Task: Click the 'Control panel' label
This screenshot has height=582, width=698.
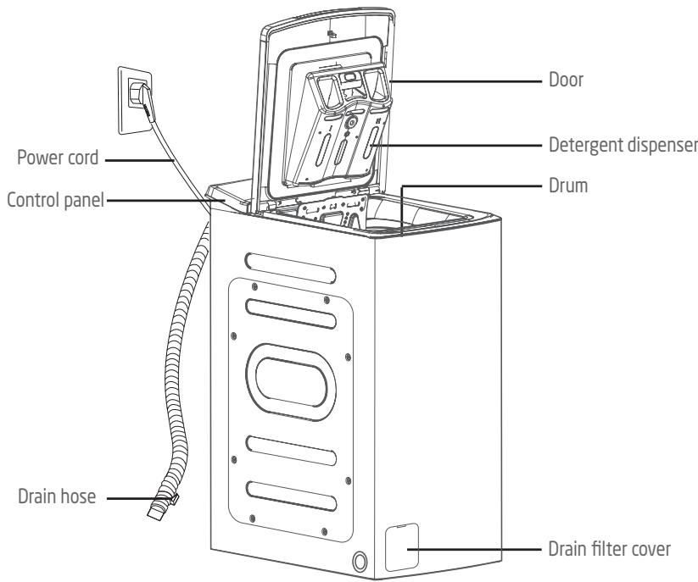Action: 53,201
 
